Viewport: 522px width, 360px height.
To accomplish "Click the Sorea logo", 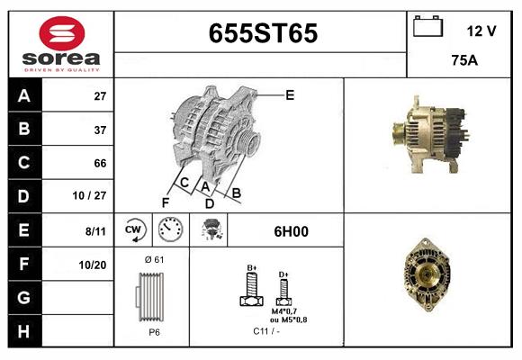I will (61, 44).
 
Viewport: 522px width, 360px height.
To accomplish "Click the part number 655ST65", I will (263, 33).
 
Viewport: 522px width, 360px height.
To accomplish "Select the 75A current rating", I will (463, 61).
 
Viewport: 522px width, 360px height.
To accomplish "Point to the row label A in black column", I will (23, 96).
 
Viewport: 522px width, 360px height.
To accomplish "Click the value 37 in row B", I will (101, 130).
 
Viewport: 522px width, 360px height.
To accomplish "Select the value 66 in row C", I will (100, 163).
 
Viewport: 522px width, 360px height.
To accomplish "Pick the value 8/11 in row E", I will (96, 230).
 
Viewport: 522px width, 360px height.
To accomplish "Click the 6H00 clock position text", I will (291, 231).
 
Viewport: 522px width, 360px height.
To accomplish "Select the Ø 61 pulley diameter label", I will (153, 260).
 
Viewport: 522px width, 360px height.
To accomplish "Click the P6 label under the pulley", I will (154, 332).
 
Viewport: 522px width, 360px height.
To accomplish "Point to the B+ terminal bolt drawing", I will (251, 290).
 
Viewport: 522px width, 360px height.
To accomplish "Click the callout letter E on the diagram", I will (290, 94).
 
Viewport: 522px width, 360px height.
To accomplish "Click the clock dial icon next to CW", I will (171, 230).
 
